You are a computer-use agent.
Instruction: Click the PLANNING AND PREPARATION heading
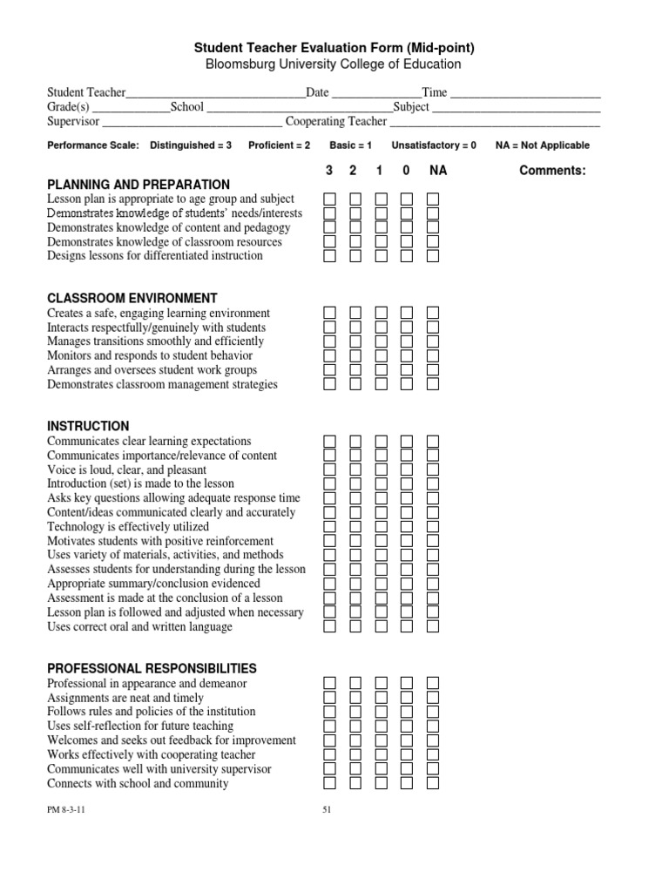pyautogui.click(x=138, y=185)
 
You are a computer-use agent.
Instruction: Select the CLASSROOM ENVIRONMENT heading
pyautogui.click(x=132, y=298)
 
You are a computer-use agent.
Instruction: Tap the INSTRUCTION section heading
pyautogui.click(x=88, y=426)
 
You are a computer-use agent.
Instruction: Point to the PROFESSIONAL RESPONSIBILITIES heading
pyautogui.click(x=152, y=668)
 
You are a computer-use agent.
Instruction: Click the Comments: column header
pyautogui.click(x=552, y=171)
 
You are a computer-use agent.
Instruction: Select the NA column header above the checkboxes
pyautogui.click(x=437, y=171)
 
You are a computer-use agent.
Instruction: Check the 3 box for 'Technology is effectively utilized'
pyautogui.click(x=330, y=526)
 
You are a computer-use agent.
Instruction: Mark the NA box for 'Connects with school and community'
pyautogui.click(x=433, y=783)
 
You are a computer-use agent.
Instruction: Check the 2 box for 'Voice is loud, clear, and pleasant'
pyautogui.click(x=355, y=470)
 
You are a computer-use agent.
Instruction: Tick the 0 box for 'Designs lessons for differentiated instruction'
pyautogui.click(x=407, y=256)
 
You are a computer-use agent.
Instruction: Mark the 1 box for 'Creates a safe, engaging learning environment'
pyautogui.click(x=382, y=313)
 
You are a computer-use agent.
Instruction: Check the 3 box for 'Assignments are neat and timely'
pyautogui.click(x=330, y=698)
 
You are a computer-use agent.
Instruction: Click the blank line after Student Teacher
pyautogui.click(x=215, y=93)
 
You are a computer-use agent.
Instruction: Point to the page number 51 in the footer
pyautogui.click(x=328, y=809)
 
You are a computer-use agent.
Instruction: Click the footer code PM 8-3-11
pyautogui.click(x=66, y=809)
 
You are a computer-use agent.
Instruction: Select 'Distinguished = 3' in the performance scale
pyautogui.click(x=191, y=145)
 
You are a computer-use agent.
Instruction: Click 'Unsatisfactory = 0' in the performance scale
pyautogui.click(x=434, y=145)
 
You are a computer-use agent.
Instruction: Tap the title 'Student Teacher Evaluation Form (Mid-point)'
pyautogui.click(x=334, y=48)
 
